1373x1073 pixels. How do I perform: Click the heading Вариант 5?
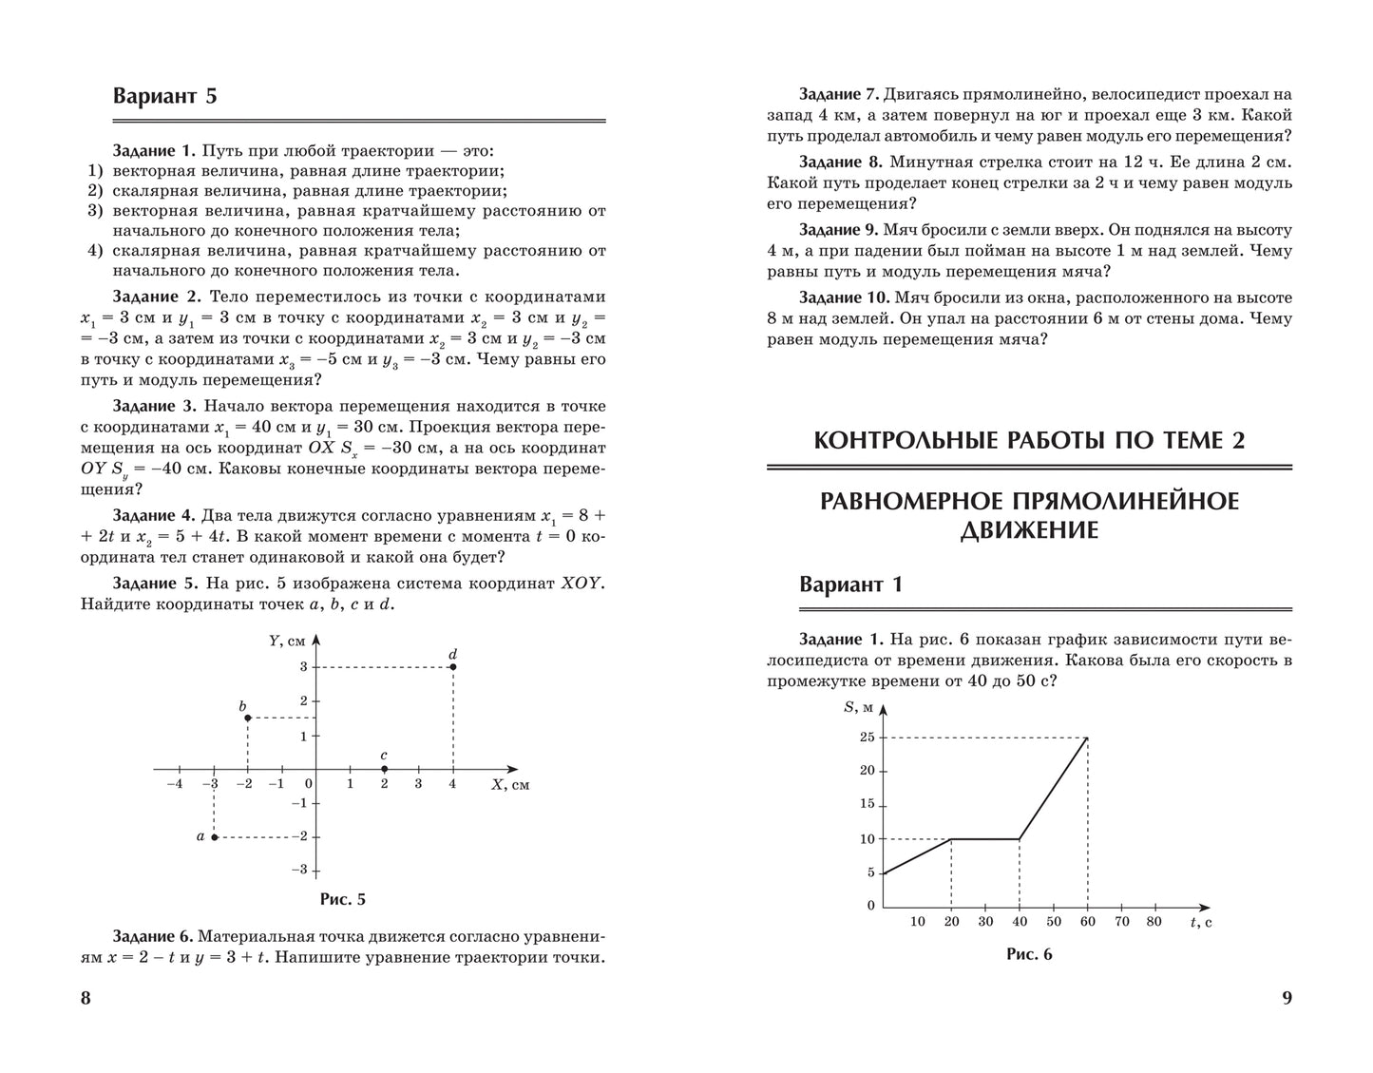(164, 96)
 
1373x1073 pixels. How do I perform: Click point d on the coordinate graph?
(453, 667)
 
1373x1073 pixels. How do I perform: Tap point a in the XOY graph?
(215, 837)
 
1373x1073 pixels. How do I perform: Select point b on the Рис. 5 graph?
(248, 718)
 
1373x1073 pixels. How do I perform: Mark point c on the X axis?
(384, 769)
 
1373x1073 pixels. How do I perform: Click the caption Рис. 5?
(342, 899)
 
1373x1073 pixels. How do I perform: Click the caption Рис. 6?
(1029, 954)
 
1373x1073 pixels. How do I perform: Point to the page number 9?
(1287, 998)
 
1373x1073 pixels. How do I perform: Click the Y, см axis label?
(287, 641)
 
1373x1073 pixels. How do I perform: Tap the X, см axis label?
(510, 785)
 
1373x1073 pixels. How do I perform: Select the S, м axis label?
(857, 706)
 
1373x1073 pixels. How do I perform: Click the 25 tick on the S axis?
(867, 738)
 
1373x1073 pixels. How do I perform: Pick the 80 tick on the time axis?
(1154, 921)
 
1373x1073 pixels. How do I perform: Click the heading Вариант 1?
(850, 584)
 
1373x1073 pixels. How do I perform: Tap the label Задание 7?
(839, 95)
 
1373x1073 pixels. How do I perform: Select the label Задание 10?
(843, 297)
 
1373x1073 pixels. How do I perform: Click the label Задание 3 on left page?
(154, 405)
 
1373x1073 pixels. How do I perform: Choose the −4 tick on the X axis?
(174, 784)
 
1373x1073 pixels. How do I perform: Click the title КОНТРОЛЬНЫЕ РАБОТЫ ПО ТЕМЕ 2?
(1029, 440)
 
